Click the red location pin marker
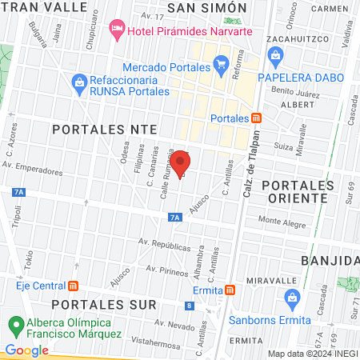tap(180, 162)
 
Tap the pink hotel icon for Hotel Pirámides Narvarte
tap(118, 30)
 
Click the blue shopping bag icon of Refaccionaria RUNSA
tap(79, 81)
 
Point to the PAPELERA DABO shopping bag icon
tap(276, 56)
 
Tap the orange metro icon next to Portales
tap(256, 118)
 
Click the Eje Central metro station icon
tap(73, 285)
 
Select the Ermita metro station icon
tap(230, 290)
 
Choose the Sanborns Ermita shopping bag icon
tap(292, 298)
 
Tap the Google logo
tap(26, 350)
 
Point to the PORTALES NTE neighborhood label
tap(91, 128)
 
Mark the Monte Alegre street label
tap(281, 219)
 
